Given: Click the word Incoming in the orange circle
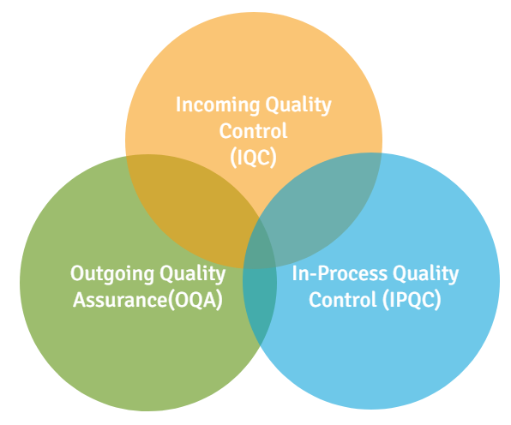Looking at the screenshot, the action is [x=218, y=105].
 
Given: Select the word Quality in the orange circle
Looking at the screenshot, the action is [x=298, y=105].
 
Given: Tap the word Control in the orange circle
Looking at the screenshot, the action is [x=253, y=131].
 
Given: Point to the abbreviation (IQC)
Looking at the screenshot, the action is [x=253, y=158].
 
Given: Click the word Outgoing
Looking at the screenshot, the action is [x=112, y=274].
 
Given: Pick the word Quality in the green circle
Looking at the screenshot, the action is [x=193, y=274].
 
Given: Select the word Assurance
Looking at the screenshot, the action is [x=120, y=300].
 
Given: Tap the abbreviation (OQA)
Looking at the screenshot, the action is [x=195, y=300].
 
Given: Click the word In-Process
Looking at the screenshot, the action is [x=340, y=273].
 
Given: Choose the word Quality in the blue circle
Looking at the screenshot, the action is [x=425, y=274].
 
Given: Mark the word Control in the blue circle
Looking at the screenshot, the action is [x=342, y=300].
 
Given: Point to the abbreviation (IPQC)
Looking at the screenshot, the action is [x=412, y=300].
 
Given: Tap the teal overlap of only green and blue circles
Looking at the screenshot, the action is [x=260, y=302].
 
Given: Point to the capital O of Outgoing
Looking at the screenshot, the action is [x=77, y=274].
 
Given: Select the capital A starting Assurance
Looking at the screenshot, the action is [x=80, y=300].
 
